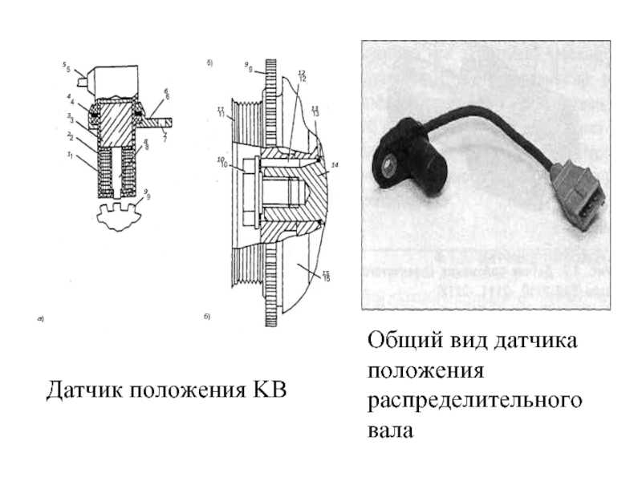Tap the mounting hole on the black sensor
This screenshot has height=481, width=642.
point(388,165)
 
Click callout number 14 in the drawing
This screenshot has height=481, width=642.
point(335,164)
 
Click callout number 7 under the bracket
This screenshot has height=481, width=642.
point(165,139)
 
